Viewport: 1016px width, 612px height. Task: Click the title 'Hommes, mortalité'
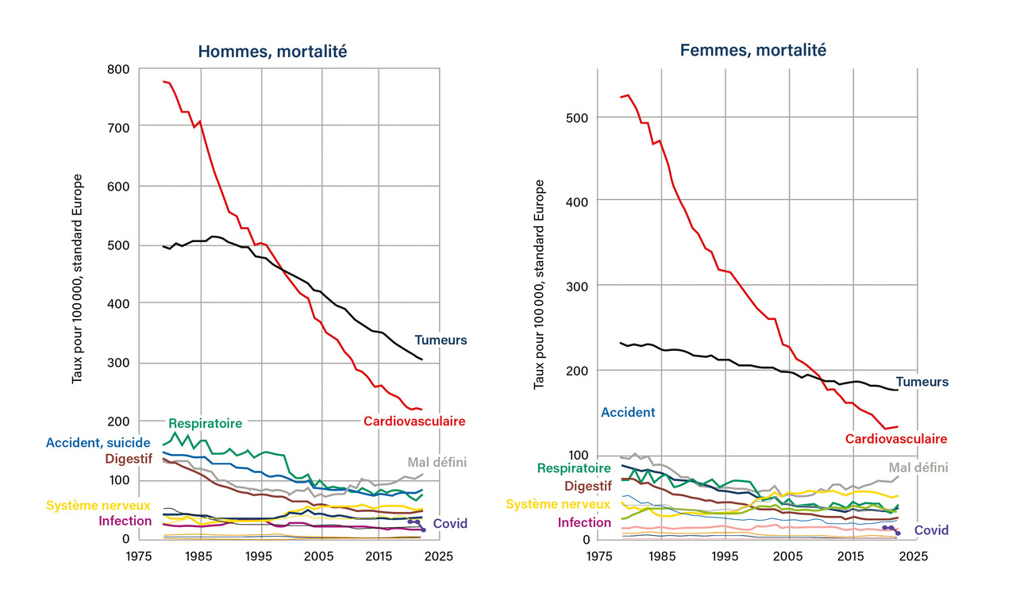272,52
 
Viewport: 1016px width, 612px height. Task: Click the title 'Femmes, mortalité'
753,50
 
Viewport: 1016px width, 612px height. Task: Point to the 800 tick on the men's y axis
117,69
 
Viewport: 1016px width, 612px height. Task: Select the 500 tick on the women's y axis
579,117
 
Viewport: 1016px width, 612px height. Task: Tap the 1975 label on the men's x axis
140,556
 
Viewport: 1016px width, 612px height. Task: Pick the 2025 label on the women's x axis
915,556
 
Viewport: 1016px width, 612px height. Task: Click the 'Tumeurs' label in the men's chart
441,340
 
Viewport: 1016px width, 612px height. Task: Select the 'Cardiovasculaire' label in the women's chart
896,438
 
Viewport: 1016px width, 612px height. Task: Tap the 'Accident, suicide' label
98,442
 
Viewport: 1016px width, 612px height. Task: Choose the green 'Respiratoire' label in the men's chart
205,423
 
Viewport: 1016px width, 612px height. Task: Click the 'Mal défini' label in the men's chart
437,462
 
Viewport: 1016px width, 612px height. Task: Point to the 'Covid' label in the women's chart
931,529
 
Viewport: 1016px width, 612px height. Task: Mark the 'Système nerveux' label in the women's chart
559,504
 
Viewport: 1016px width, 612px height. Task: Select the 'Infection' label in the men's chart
125,521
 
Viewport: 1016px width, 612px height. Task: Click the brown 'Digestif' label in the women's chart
587,486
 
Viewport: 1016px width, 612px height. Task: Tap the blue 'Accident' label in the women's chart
628,412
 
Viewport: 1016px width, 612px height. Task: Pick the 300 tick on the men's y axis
117,363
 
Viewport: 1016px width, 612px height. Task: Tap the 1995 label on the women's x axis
725,556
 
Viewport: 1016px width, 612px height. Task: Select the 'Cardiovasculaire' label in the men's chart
414,421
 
